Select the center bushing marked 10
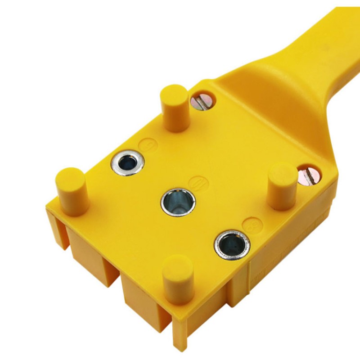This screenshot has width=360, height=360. (x=178, y=202)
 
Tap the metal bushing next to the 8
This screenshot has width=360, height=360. (x=231, y=245)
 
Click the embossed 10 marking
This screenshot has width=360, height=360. (x=196, y=183)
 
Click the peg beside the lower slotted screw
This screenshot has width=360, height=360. (x=282, y=186)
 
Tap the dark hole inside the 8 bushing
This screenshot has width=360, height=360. (x=232, y=245)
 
